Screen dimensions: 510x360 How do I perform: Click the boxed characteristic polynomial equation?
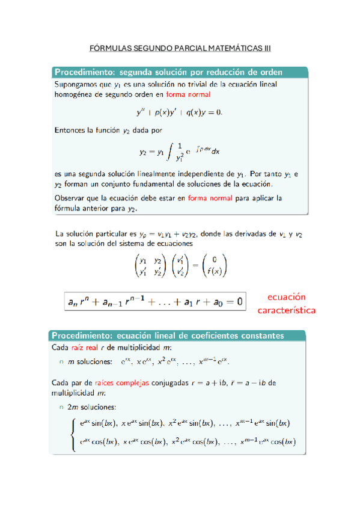(155, 302)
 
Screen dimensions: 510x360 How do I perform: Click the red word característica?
(286, 311)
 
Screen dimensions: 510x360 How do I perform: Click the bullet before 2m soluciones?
(61, 408)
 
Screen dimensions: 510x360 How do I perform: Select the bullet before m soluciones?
(61, 362)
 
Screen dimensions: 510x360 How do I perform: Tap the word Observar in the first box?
(71, 197)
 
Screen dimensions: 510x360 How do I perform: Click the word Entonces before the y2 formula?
(72, 129)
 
